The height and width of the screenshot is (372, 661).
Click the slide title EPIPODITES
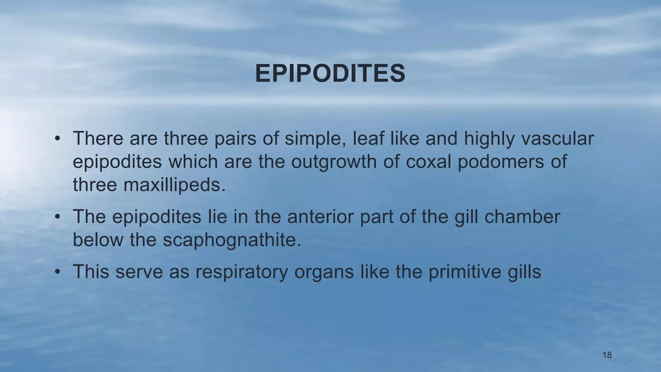click(x=330, y=74)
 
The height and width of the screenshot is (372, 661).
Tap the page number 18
click(x=607, y=355)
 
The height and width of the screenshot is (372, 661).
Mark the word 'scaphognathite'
click(x=232, y=240)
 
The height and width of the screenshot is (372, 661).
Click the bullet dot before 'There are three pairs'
click(x=57, y=139)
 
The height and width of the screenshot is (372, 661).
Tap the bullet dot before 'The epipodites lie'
click(x=57, y=217)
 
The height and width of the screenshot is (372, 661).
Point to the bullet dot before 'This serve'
click(x=57, y=272)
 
